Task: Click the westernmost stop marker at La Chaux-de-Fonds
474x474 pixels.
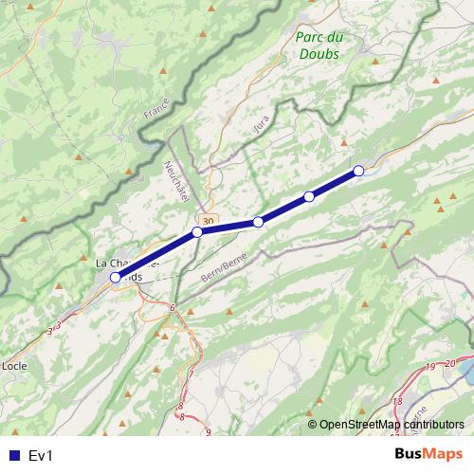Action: (116, 277)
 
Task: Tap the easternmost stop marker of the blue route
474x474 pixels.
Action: (358, 171)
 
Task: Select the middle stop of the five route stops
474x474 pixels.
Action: (258, 222)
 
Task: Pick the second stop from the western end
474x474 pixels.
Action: (197, 232)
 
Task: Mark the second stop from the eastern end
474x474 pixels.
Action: (309, 196)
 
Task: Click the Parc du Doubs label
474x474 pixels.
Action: (319, 46)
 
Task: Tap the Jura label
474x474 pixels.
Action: (263, 123)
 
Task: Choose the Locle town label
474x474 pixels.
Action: (14, 365)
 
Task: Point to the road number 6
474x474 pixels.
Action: (173, 308)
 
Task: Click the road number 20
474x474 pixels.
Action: (448, 363)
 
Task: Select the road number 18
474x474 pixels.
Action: (396, 402)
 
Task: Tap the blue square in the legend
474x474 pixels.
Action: (13, 456)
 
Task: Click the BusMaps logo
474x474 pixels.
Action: (425, 455)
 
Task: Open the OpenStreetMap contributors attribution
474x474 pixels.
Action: (392, 424)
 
